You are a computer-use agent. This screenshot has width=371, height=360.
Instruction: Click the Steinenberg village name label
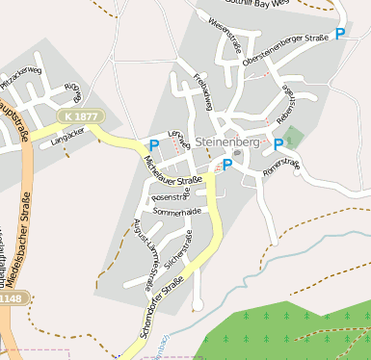click(227, 142)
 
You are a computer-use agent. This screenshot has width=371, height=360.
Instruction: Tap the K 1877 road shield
click(78, 116)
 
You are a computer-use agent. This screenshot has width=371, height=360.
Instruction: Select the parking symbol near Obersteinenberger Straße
click(340, 35)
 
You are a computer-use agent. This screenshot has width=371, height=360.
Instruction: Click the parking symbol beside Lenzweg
click(154, 145)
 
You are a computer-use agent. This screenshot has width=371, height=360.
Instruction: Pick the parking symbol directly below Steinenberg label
click(227, 166)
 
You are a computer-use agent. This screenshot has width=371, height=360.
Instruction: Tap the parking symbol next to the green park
click(278, 144)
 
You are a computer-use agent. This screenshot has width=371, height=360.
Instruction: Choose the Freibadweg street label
click(202, 90)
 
